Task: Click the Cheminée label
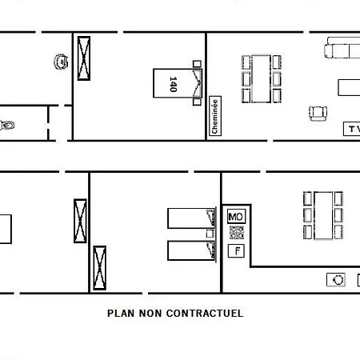point(215,116)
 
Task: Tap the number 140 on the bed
point(173,84)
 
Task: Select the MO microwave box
point(236,217)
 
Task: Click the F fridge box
point(236,251)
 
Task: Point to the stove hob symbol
point(237,233)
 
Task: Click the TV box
point(352,129)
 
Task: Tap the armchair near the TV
point(318,114)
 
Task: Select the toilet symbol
point(7,125)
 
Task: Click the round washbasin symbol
point(61,62)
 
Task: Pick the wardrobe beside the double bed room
point(84,58)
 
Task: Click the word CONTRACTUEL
point(205,313)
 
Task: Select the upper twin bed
point(191,218)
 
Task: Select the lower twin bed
point(191,250)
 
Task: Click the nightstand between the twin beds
point(210,234)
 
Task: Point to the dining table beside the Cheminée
point(262,79)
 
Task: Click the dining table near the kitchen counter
point(323,215)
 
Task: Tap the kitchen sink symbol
point(336,280)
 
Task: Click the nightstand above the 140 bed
point(197,64)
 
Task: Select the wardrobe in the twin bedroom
point(100,268)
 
